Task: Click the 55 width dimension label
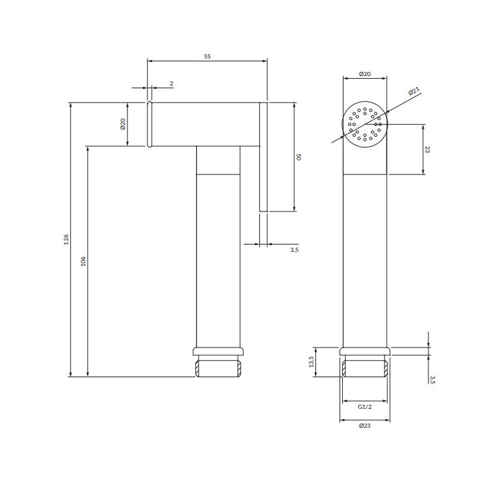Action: tap(207, 57)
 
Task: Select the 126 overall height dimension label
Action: tap(66, 240)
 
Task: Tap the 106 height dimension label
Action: tap(83, 261)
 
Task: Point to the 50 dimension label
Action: tap(298, 157)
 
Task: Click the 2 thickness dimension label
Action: tap(171, 84)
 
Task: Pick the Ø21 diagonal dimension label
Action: tap(414, 91)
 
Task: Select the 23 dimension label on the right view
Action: tap(427, 150)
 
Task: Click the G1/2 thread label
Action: tap(364, 407)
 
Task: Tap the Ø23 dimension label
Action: tap(364, 426)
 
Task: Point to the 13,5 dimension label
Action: tap(311, 362)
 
